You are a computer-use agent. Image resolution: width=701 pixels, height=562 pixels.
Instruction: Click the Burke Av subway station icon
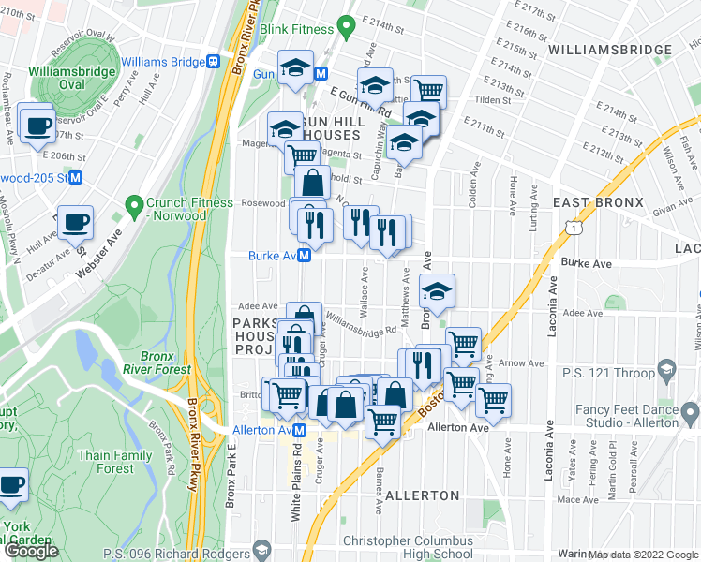coord(305,257)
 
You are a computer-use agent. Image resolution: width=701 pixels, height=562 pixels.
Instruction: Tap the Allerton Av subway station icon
coord(300,429)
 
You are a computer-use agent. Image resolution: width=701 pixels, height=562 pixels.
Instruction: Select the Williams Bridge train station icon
coord(214,62)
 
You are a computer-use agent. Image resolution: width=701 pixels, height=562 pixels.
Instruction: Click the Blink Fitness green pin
coord(345,29)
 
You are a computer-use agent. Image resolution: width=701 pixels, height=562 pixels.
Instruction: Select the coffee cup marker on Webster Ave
coord(76,222)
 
